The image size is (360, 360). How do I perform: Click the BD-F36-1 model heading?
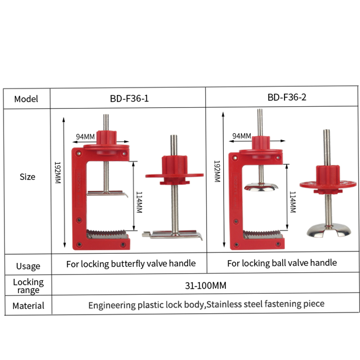pos(129,99)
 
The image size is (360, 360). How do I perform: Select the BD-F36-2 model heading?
pos(287,97)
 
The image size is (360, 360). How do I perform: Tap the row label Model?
pos(26,99)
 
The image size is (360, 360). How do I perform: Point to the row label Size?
pos(27,177)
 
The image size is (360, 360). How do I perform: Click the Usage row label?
pos(28,266)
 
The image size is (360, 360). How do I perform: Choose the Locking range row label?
pos(28,286)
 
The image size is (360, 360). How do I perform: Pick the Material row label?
pos(28,306)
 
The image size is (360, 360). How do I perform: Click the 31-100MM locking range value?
pos(206,286)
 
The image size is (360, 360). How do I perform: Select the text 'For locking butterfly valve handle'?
pos(131,264)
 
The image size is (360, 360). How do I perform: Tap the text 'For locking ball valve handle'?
pos(282,263)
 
